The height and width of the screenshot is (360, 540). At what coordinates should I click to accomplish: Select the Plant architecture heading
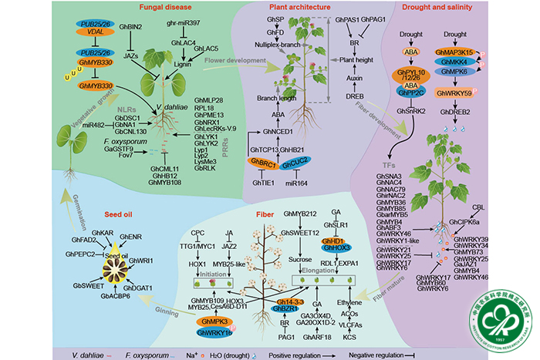[x=292, y=8]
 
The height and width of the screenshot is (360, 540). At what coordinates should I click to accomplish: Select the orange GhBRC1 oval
[x=261, y=163]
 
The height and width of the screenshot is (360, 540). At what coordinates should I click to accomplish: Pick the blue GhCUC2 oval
[x=296, y=163]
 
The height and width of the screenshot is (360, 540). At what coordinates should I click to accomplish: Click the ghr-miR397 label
[x=185, y=25]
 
